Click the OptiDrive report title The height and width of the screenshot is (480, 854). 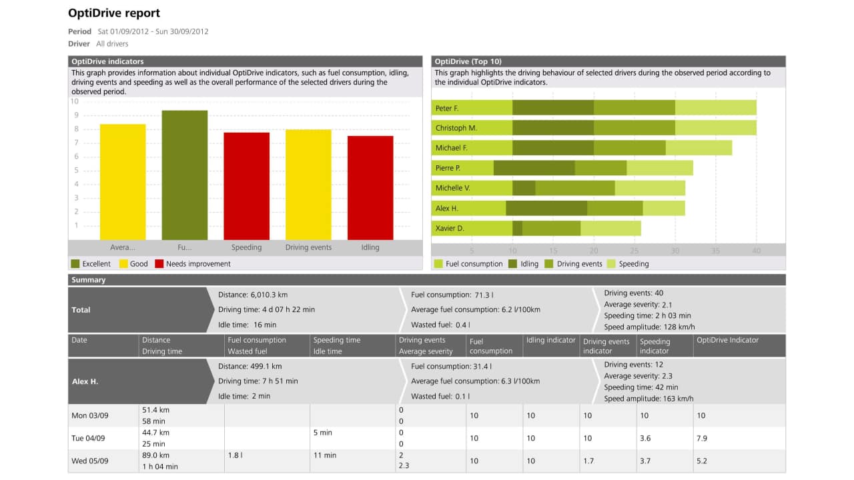click(x=114, y=13)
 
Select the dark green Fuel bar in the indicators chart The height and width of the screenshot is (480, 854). click(x=185, y=175)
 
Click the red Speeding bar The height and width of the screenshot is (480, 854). click(x=246, y=186)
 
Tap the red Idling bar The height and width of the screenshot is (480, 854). click(x=370, y=187)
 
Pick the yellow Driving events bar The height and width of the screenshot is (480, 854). click(x=308, y=185)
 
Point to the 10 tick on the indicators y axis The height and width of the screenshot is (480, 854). click(x=75, y=102)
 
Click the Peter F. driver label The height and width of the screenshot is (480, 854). click(x=447, y=108)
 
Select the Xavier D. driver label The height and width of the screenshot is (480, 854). click(x=450, y=228)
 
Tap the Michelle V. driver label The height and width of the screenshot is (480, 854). click(x=452, y=188)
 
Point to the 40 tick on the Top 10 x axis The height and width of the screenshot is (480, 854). click(x=756, y=251)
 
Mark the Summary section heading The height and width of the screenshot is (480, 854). click(x=89, y=280)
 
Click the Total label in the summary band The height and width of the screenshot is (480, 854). click(x=81, y=310)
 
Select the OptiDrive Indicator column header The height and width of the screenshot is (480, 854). click(x=727, y=340)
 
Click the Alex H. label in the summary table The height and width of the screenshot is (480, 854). click(x=85, y=382)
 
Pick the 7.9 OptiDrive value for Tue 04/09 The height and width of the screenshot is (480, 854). click(x=702, y=439)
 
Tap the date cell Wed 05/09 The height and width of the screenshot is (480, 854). click(x=90, y=461)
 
